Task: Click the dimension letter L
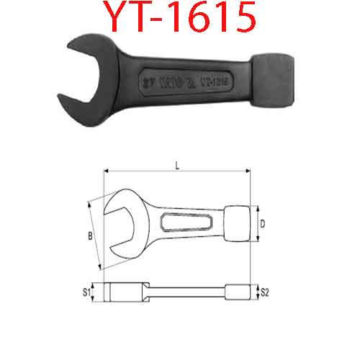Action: coord(177,165)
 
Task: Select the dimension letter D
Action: coord(263,224)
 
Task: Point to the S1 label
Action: coord(85,292)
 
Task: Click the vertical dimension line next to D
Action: coord(256,224)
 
